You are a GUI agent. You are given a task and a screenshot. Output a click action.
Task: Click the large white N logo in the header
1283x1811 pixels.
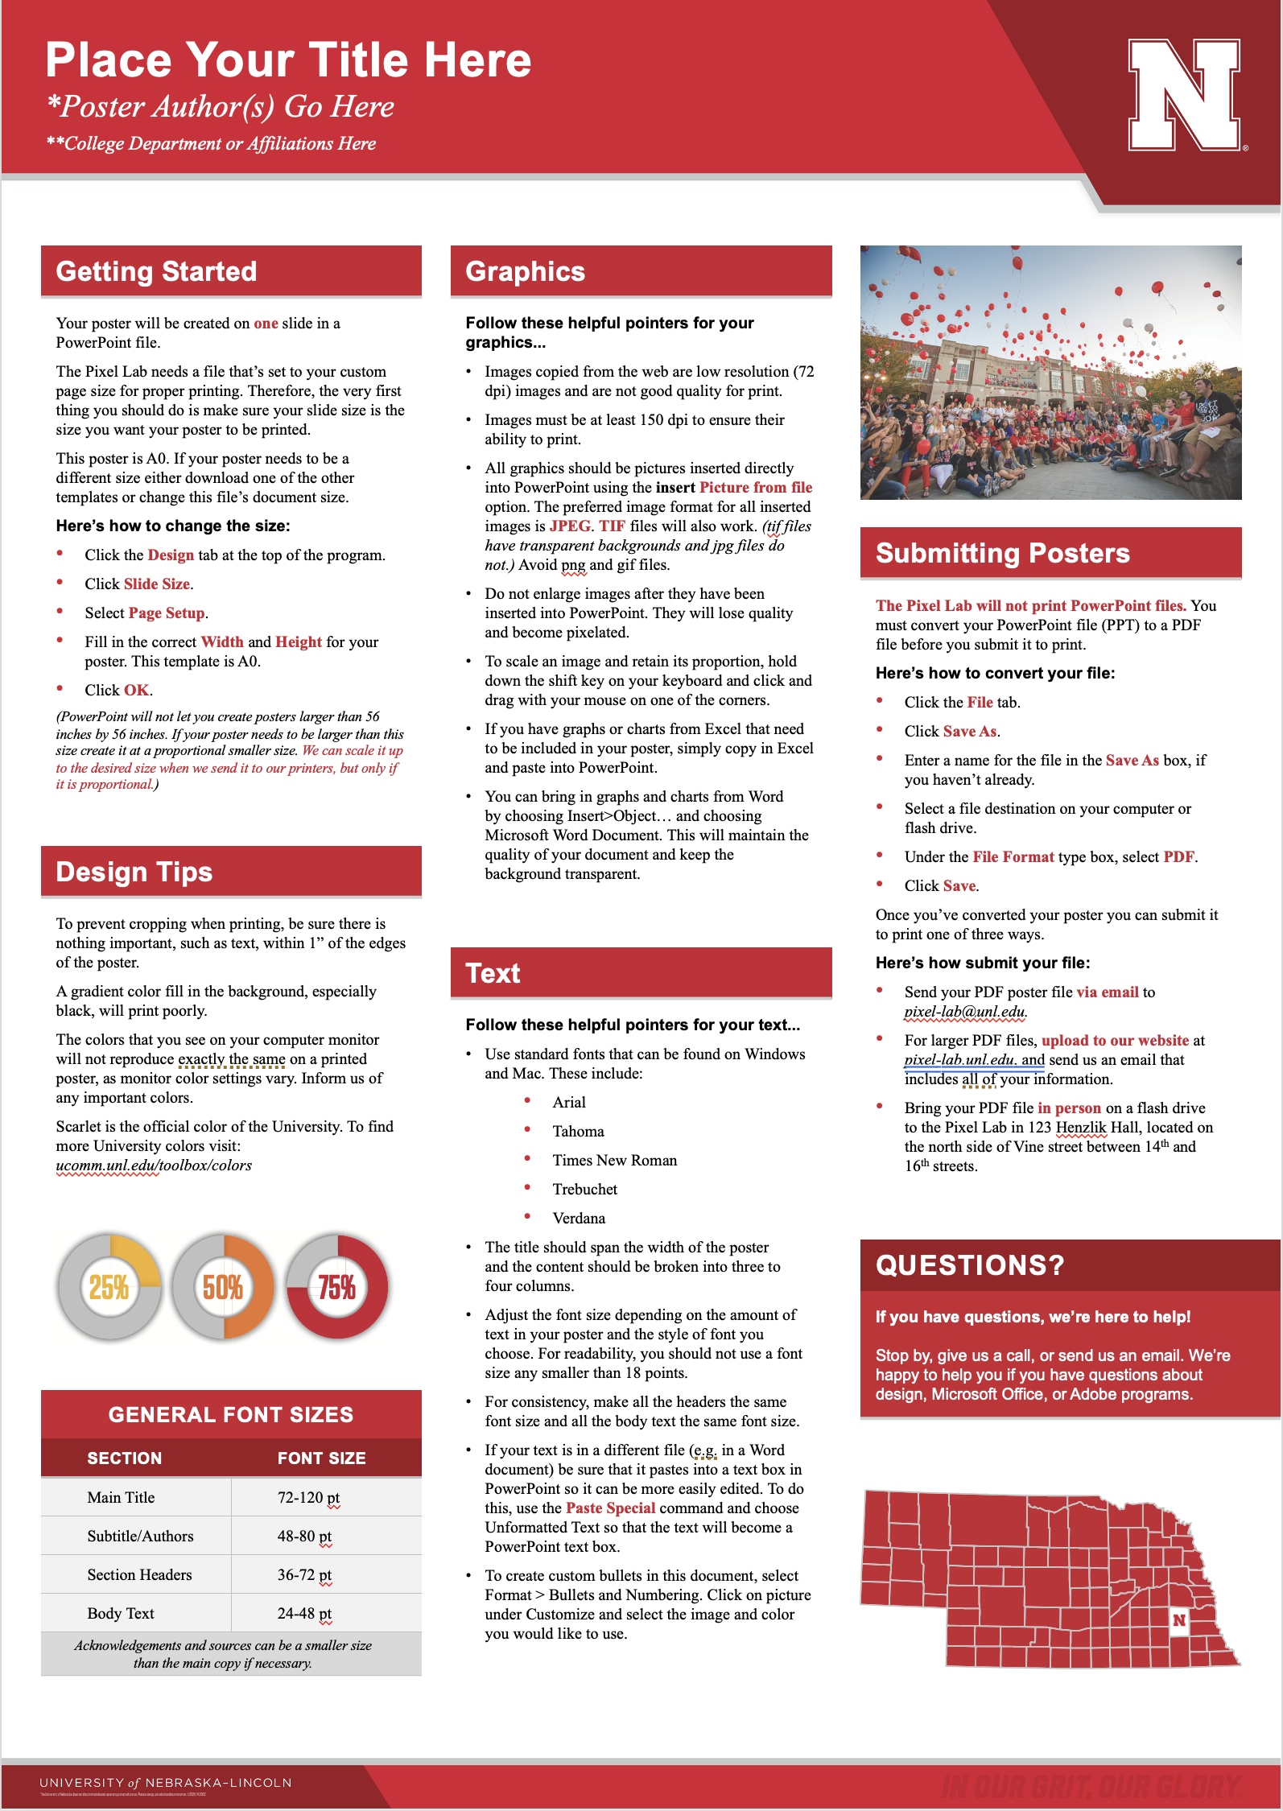[x=1184, y=95]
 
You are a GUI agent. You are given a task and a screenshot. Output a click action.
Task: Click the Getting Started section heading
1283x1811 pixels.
[x=156, y=272]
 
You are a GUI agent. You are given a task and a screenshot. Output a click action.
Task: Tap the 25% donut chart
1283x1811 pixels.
[x=109, y=1287]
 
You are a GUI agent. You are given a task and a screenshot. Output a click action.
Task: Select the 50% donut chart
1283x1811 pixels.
[x=223, y=1287]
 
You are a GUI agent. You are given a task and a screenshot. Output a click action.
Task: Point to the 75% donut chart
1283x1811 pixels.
[x=337, y=1287]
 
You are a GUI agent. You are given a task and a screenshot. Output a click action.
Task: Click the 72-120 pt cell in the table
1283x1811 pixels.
[x=308, y=1497]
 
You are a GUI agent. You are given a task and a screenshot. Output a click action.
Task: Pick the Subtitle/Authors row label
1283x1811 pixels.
[x=140, y=1536]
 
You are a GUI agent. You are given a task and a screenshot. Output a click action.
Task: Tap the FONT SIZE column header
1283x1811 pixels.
[x=321, y=1458]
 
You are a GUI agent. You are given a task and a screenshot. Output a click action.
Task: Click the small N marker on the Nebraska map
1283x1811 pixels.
[x=1179, y=1620]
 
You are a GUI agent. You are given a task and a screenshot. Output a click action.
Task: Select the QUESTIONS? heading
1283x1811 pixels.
[x=970, y=1265]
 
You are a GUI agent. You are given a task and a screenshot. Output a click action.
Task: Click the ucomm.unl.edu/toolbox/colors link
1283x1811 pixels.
[x=154, y=1165]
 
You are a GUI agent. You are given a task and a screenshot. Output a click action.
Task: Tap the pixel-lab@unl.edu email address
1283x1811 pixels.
[x=965, y=1012]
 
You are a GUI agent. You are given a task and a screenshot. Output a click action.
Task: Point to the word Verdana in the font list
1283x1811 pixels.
[x=579, y=1218]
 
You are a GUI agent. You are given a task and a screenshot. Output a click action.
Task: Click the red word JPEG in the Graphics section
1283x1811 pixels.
[x=570, y=526]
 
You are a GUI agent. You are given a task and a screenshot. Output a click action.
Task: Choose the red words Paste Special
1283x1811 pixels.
[x=610, y=1508]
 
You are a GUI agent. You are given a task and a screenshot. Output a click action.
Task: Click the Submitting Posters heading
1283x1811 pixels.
[x=1002, y=554]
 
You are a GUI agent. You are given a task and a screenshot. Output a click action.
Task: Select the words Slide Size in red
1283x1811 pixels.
[x=157, y=584]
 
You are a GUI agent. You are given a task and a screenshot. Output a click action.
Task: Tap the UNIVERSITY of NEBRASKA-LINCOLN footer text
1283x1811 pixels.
[x=166, y=1783]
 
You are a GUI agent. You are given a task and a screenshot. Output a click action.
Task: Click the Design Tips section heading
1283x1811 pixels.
[x=134, y=872]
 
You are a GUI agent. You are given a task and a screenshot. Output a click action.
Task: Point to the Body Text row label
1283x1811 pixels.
[x=121, y=1613]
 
